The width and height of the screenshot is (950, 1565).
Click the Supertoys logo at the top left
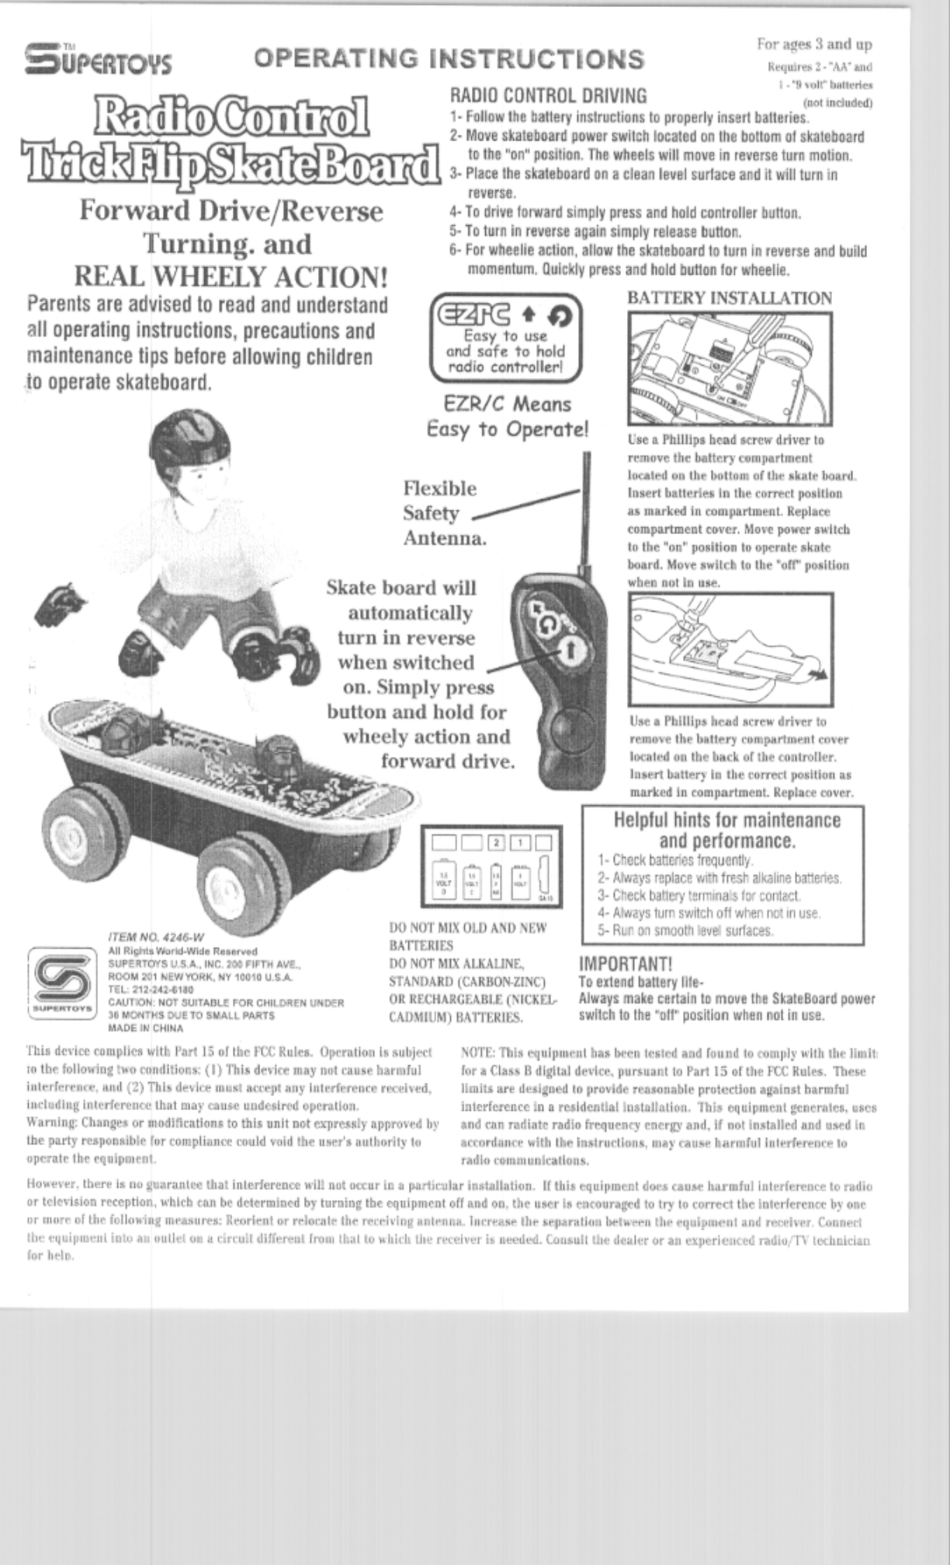point(98,59)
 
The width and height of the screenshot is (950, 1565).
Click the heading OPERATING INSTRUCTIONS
point(449,58)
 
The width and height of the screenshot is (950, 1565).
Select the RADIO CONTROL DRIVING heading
point(548,95)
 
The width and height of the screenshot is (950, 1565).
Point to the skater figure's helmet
point(185,442)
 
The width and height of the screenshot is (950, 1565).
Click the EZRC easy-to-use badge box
point(505,338)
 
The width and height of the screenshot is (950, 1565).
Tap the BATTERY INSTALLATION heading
point(729,298)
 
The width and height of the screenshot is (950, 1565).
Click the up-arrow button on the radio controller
point(570,651)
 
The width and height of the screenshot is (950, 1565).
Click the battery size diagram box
point(491,866)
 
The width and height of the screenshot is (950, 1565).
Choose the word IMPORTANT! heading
point(626,965)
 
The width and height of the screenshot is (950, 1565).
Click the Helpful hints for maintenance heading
point(726,830)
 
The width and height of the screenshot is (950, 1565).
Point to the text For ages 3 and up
point(814,44)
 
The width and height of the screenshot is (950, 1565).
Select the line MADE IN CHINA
point(146,1028)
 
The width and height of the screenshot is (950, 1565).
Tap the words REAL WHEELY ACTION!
point(231,276)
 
